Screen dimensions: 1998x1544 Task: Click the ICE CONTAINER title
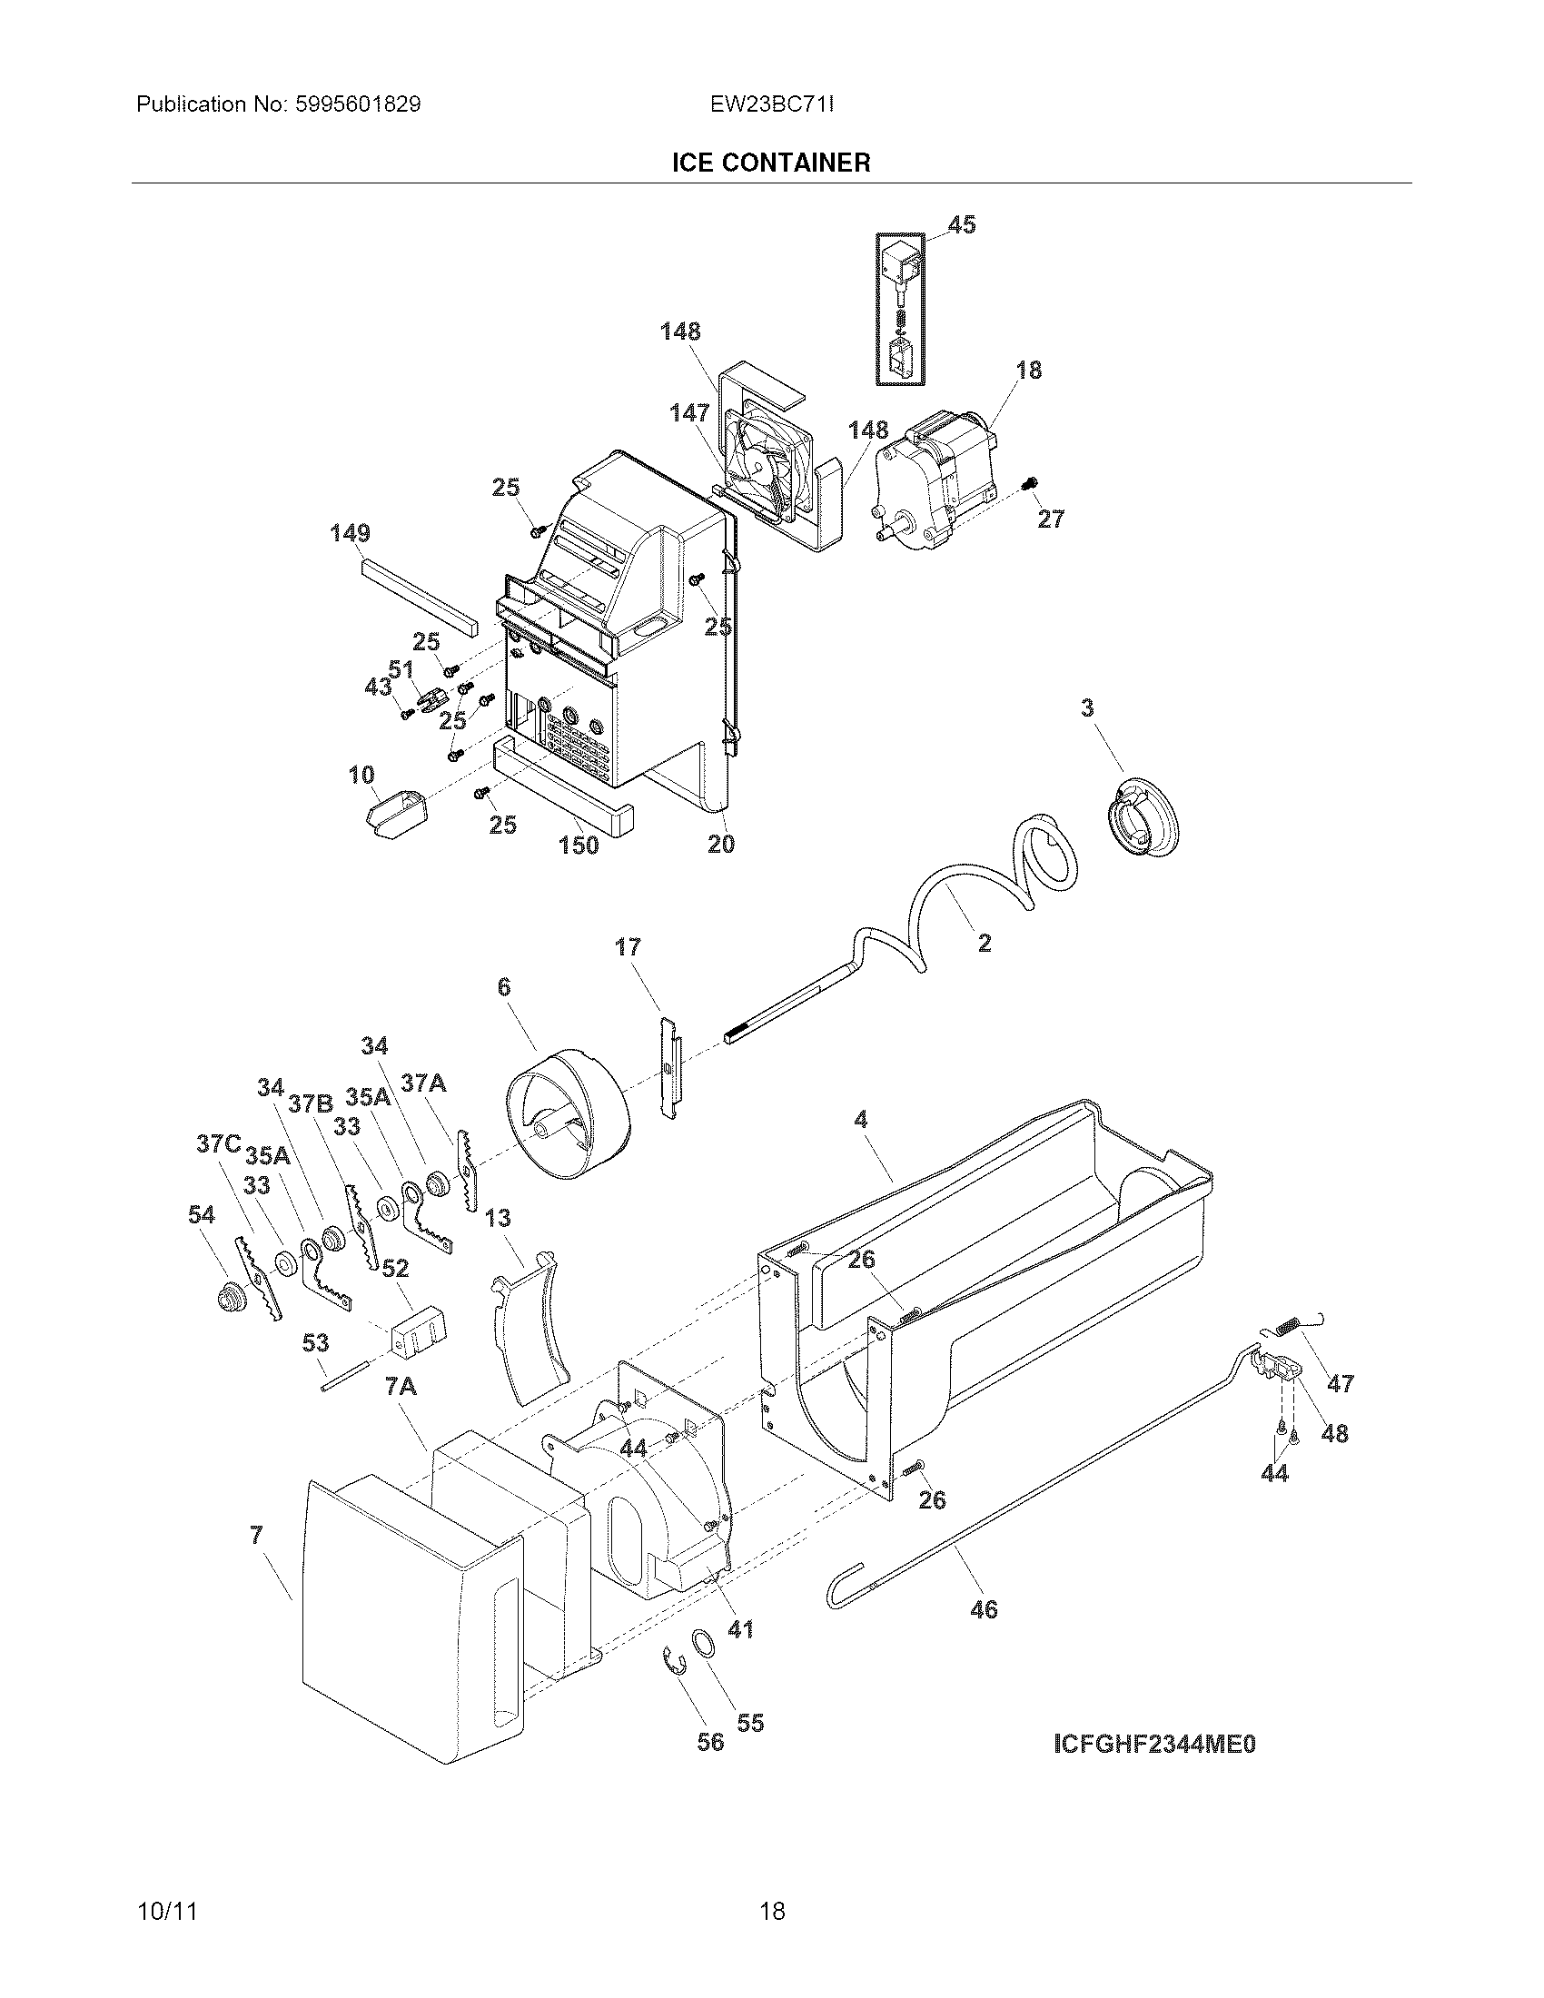tap(771, 163)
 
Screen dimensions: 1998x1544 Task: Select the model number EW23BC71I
tap(771, 104)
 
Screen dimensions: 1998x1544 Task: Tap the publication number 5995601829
tap(357, 104)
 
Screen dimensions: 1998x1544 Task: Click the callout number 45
tap(961, 224)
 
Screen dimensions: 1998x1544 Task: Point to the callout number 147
tap(688, 413)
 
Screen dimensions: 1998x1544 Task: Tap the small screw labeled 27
tap(1033, 482)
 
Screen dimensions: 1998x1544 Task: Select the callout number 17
tap(628, 947)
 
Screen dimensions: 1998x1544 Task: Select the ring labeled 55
tap(703, 1643)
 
